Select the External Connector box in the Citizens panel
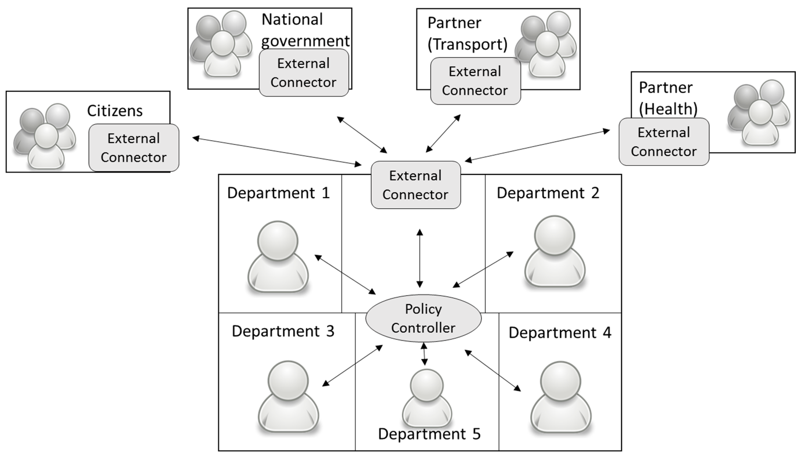coord(134,148)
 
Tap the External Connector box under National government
coord(304,73)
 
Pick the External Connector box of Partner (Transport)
coord(475,81)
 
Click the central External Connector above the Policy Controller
coord(416,185)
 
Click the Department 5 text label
coord(429,434)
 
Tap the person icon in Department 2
coord(554,252)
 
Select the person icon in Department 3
coord(288,397)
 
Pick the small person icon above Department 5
coord(427,398)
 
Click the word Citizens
coord(115,111)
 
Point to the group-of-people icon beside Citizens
coord(45,136)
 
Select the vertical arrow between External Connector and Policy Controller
coord(420,258)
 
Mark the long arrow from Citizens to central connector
coord(277,151)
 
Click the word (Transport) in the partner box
coord(467,44)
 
